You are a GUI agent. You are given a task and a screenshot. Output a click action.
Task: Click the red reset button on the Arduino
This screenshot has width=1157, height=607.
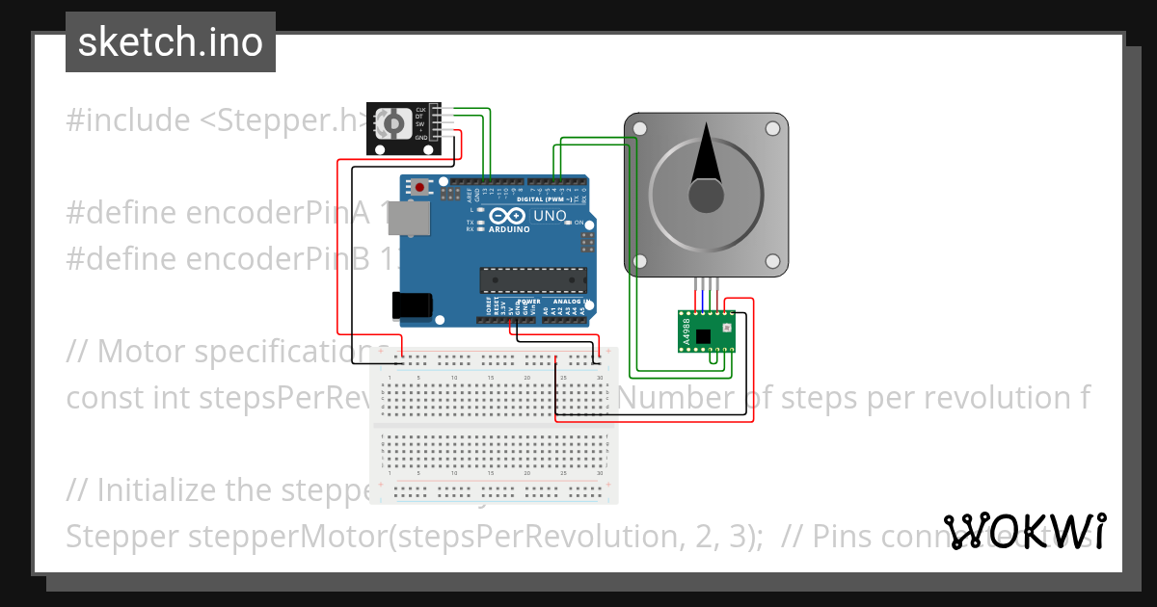pos(419,186)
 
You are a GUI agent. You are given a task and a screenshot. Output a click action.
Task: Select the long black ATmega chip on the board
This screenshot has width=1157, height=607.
pos(533,279)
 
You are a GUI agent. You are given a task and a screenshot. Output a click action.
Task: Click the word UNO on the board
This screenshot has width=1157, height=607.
pos(550,216)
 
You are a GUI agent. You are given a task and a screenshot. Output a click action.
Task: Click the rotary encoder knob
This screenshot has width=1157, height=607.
pos(393,124)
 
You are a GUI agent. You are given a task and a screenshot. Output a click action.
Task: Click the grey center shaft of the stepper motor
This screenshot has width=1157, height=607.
pos(707,195)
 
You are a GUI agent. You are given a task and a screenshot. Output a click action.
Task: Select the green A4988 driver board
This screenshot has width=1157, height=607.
pos(706,330)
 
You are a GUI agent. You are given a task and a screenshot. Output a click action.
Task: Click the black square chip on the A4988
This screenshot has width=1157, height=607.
pos(703,336)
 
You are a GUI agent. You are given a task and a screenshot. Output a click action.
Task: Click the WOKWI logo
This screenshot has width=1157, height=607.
pos(1026,531)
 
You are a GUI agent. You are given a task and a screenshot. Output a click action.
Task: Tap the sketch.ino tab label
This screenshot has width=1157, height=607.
pos(171,42)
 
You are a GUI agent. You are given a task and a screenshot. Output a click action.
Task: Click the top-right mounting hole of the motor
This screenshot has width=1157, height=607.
pos(772,127)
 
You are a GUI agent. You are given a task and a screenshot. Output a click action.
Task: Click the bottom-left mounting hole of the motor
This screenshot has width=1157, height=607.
pos(640,260)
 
